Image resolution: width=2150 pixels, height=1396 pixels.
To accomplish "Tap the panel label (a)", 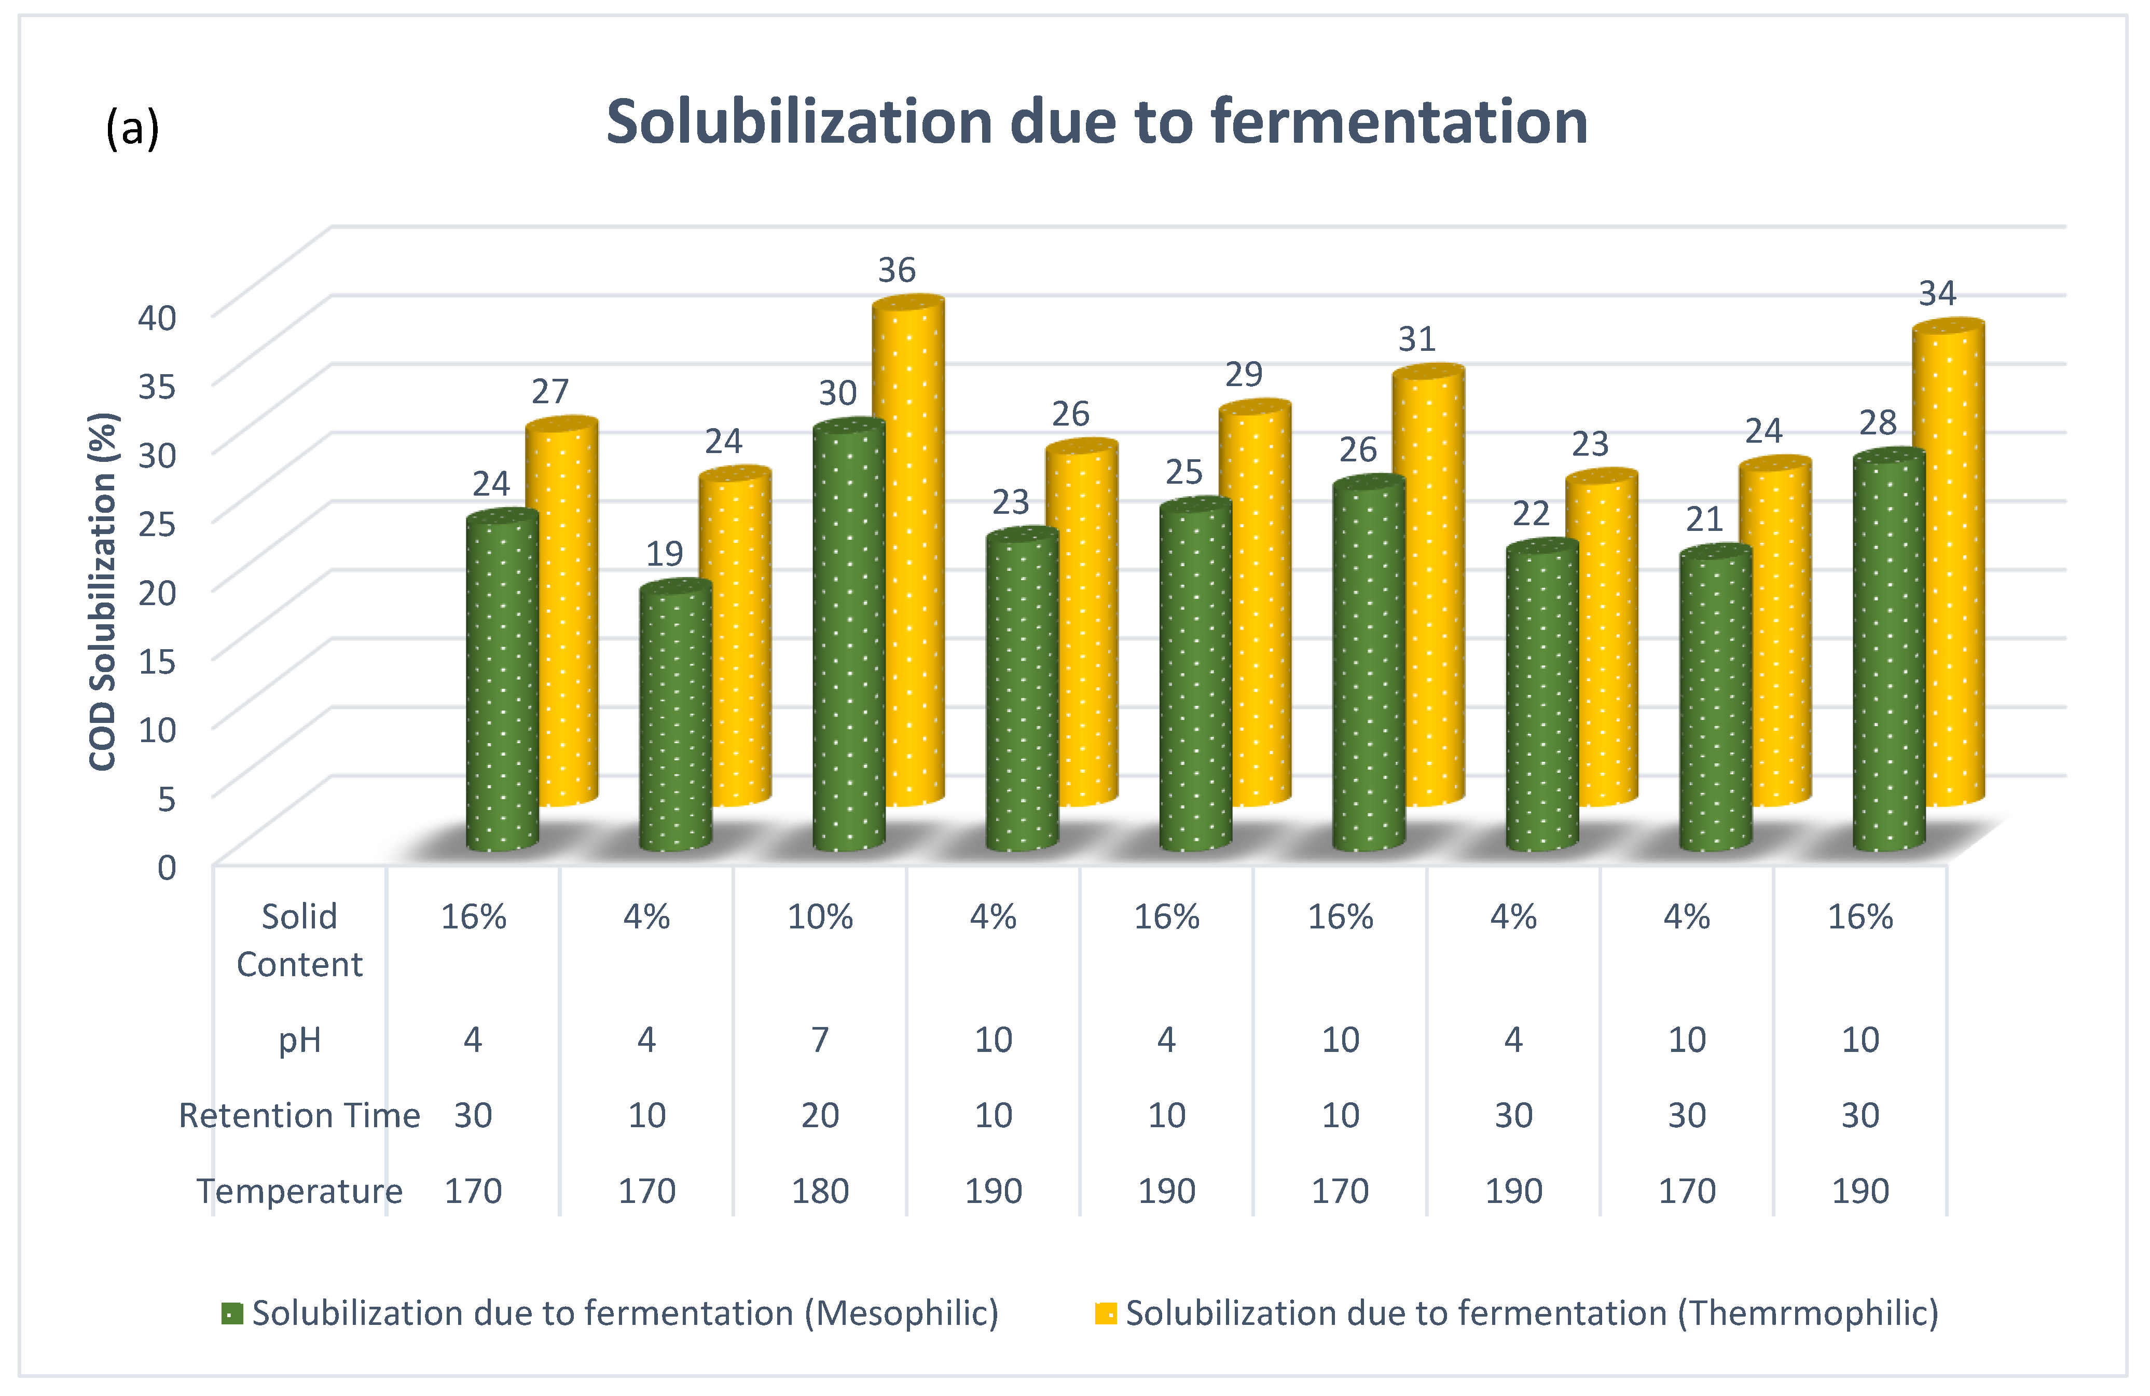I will click(x=132, y=128).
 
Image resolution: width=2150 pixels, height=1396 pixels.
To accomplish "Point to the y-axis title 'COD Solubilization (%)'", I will click(x=102, y=592).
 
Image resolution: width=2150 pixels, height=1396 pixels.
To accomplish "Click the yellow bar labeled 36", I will click(x=908, y=551).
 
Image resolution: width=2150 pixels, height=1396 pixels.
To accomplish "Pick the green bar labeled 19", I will click(x=675, y=718).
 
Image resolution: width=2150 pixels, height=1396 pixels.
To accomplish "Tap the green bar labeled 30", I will click(x=848, y=637).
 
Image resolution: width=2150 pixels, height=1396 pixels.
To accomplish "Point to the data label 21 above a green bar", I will click(x=1704, y=519).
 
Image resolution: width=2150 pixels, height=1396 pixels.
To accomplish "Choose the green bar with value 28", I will click(x=1889, y=651).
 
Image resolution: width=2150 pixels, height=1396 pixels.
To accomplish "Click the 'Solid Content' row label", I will click(x=299, y=940).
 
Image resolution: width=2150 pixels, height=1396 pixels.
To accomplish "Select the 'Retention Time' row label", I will click(x=299, y=1115).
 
